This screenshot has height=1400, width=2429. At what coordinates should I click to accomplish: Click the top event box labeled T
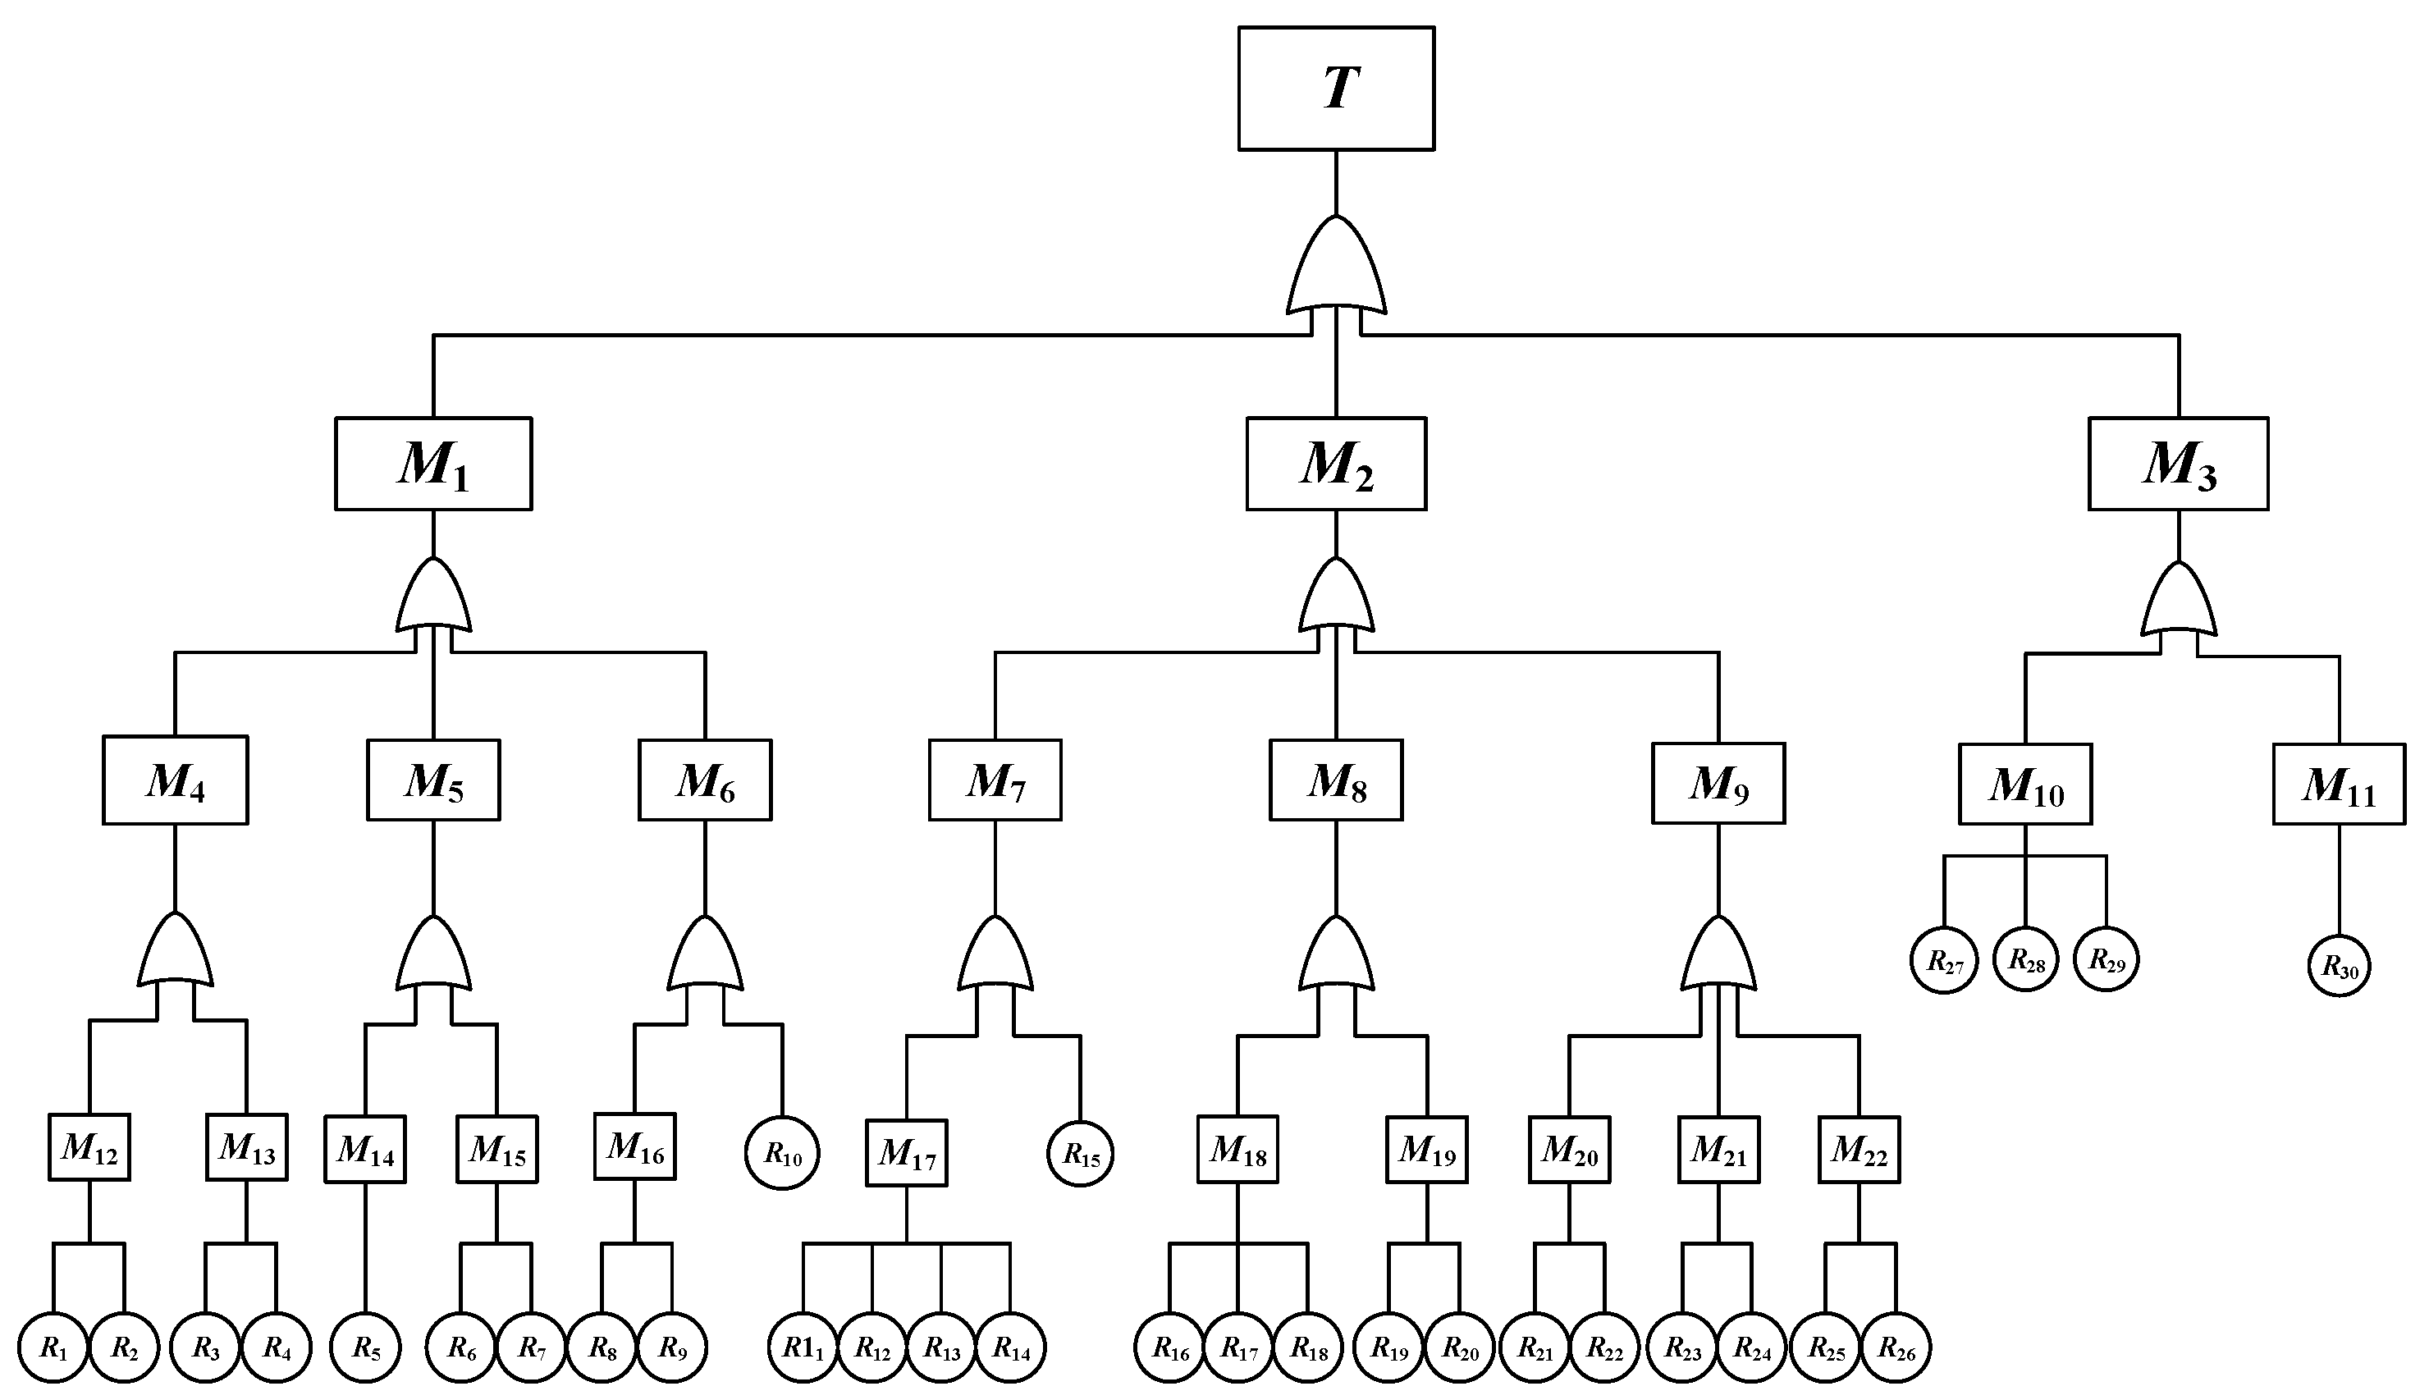[x=1335, y=89]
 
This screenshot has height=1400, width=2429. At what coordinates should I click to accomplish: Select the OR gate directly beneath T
[x=1335, y=269]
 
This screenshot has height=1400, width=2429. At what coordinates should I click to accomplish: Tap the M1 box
[x=432, y=464]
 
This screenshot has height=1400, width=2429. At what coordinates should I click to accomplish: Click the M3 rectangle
[x=2177, y=464]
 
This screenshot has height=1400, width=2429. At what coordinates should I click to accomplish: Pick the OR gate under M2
[x=1335, y=598]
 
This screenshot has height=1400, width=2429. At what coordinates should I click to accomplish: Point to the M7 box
[x=994, y=780]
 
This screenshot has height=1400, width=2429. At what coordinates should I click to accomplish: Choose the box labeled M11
[x=2338, y=784]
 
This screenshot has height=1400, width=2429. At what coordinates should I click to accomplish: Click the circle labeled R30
[x=2339, y=965]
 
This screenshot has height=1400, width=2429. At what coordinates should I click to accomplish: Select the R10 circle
[x=781, y=1153]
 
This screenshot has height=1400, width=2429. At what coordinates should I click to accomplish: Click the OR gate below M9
[x=1718, y=957]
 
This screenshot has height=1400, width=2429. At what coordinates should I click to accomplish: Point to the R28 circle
[x=2025, y=959]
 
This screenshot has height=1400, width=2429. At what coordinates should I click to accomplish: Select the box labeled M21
[x=1718, y=1149]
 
